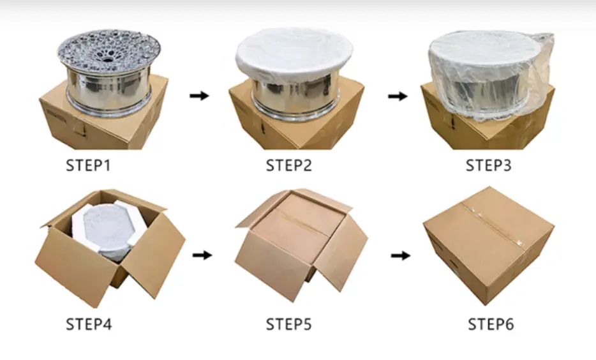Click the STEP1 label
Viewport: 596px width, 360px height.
(x=88, y=165)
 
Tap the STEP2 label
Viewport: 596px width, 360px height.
(x=288, y=165)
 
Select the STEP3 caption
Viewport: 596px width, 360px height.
(x=488, y=165)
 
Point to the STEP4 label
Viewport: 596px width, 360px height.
(x=89, y=324)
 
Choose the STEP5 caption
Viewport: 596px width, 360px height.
(x=288, y=324)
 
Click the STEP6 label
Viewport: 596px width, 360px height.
(x=491, y=324)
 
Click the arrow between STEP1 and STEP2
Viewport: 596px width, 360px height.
(x=200, y=95)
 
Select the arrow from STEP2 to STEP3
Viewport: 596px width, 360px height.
(x=398, y=96)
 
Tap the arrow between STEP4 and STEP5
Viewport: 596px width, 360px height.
(x=202, y=255)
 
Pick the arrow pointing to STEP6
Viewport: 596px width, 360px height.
(x=401, y=255)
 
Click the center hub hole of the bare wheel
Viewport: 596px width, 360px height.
(x=108, y=59)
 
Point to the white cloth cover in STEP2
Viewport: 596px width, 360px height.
(x=294, y=53)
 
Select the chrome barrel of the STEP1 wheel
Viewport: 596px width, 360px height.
(x=108, y=87)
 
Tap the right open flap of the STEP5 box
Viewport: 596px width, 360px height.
(x=341, y=253)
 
